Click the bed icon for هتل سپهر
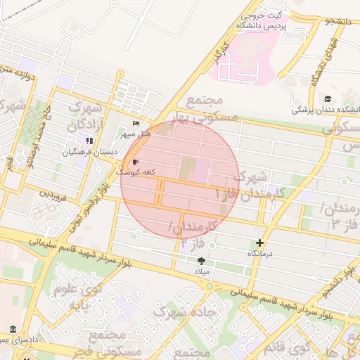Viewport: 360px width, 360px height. tap(136, 124)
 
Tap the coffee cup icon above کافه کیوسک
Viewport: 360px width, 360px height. tap(135, 162)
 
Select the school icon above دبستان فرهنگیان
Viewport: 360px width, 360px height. tap(89, 141)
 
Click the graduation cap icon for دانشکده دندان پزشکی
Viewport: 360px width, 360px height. tap(328, 99)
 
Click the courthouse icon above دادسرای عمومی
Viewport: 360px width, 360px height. tap(13, 329)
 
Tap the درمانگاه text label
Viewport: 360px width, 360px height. tap(261, 252)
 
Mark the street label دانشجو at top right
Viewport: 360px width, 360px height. tap(337, 22)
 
